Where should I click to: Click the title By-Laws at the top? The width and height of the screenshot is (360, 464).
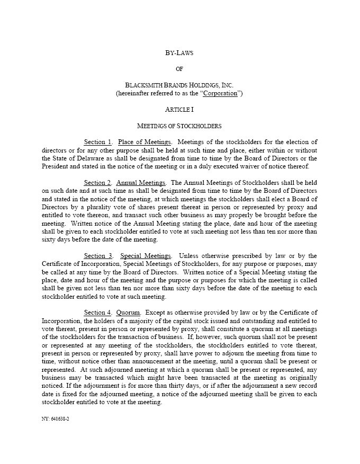[x=179, y=52]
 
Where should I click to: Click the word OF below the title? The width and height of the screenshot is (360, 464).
[x=179, y=69]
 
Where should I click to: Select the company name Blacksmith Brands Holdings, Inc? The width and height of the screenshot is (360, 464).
[x=179, y=85]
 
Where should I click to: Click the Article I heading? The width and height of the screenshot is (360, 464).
[x=179, y=110]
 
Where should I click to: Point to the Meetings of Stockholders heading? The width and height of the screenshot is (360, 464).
[x=179, y=126]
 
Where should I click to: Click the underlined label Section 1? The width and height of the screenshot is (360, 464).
[x=98, y=142]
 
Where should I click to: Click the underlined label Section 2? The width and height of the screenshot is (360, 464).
[x=98, y=183]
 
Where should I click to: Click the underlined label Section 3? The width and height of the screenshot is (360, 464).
[x=98, y=256]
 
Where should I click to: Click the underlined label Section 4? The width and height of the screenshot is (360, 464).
[x=98, y=313]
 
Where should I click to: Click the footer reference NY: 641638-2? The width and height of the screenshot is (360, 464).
[x=55, y=418]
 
